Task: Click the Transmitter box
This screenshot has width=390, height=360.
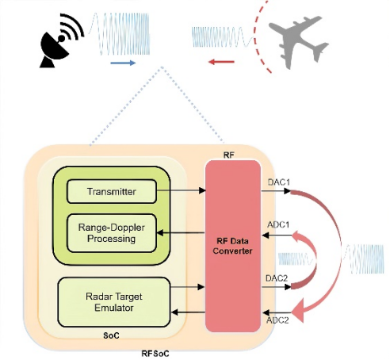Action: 112,191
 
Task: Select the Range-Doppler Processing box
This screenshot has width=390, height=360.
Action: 112,233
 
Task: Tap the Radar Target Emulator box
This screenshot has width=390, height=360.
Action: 114,302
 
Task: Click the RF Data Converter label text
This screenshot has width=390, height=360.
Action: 232,246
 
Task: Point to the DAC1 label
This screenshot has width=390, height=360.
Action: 279,182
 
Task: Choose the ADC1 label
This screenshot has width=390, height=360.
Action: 278,224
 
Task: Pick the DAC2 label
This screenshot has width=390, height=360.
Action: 277,278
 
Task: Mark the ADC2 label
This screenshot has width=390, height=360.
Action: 277,320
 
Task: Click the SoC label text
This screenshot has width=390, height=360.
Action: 111,335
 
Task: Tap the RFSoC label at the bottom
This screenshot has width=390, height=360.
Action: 155,354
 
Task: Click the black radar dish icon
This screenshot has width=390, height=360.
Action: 61,41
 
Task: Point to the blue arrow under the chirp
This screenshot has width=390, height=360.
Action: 123,63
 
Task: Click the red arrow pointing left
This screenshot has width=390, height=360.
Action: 221,62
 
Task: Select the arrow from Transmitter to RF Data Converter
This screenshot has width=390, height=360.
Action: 181,190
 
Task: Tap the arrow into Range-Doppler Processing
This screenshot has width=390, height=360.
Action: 181,233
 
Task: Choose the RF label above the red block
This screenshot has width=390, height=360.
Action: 228,155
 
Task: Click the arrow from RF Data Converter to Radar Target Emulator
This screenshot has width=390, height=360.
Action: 188,312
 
